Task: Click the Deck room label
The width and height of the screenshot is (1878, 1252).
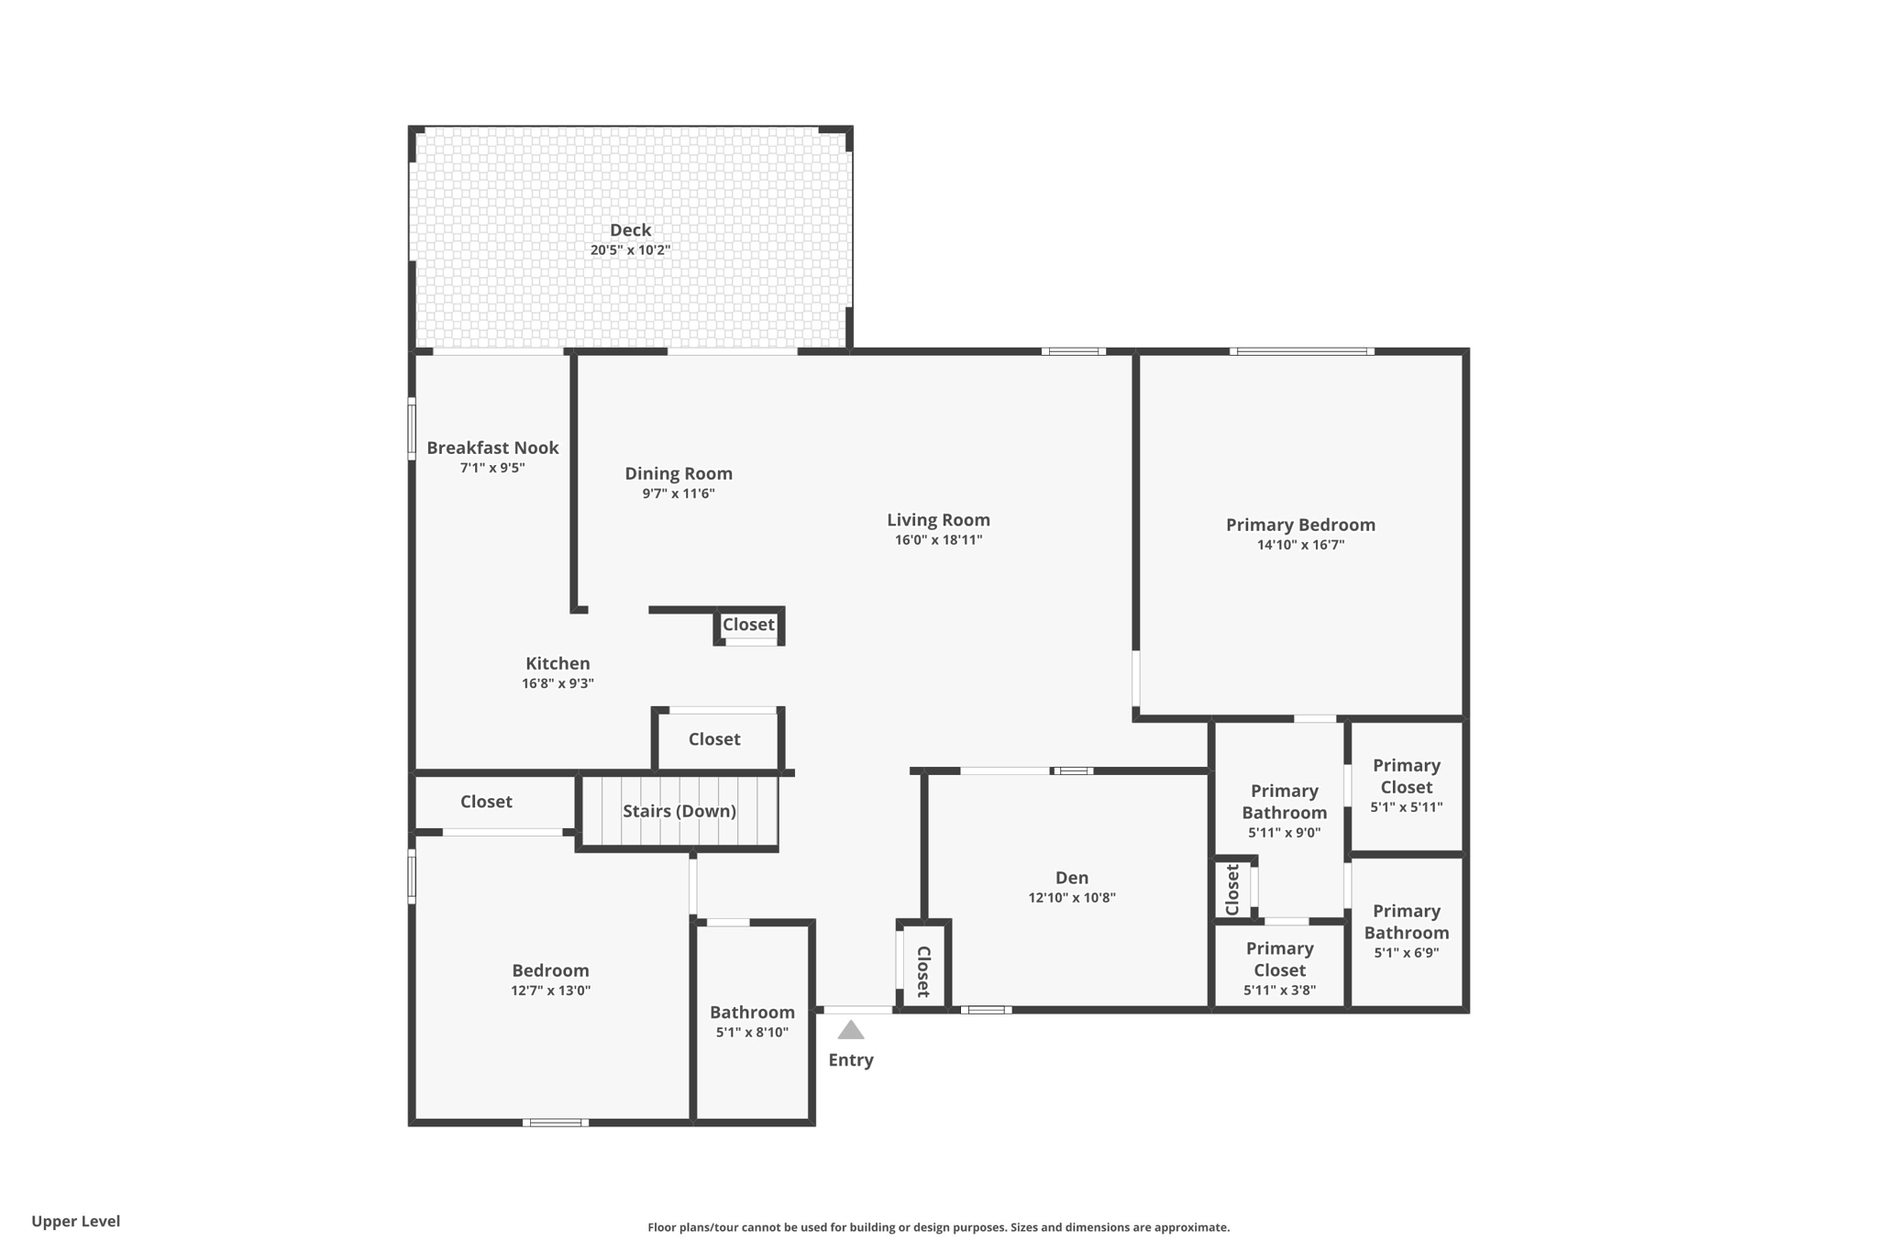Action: click(x=630, y=230)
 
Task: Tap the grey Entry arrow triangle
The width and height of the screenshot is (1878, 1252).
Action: click(x=851, y=1031)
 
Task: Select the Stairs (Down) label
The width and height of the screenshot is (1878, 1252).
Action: click(x=679, y=811)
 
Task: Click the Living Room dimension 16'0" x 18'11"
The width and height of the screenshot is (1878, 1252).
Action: click(x=938, y=540)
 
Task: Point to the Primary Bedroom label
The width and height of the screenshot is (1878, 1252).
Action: click(x=1299, y=525)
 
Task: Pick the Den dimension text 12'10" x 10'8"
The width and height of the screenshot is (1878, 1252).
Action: click(x=1071, y=898)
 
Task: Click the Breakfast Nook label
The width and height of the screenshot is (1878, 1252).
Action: click(x=492, y=448)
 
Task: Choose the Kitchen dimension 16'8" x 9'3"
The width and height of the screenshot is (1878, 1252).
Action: click(x=558, y=683)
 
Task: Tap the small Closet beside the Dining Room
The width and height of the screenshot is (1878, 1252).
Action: click(x=748, y=625)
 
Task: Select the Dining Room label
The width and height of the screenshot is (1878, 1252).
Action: click(x=679, y=473)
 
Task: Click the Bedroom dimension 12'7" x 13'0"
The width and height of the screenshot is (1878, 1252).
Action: click(x=550, y=991)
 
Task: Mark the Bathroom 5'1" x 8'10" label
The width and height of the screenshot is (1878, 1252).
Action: click(x=752, y=1013)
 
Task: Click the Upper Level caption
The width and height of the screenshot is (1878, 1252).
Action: click(x=76, y=1221)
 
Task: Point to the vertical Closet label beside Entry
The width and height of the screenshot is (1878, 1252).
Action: click(x=923, y=971)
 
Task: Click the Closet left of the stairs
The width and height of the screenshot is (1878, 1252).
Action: click(x=486, y=802)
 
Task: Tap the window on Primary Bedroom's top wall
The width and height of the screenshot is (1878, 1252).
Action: click(x=1301, y=351)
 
